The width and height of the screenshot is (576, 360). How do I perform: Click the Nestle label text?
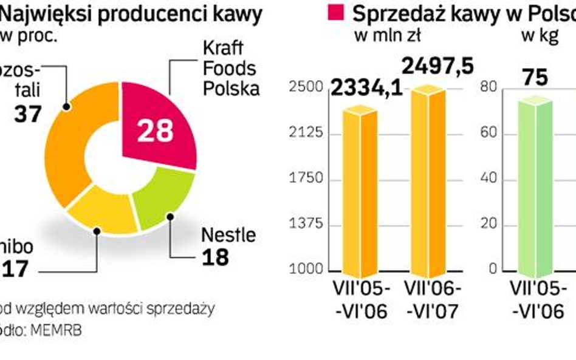(228, 235)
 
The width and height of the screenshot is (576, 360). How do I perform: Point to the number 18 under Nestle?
(216, 257)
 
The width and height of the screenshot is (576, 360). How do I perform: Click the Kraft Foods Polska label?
(230, 69)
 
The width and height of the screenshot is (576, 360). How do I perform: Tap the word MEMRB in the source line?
(60, 330)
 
